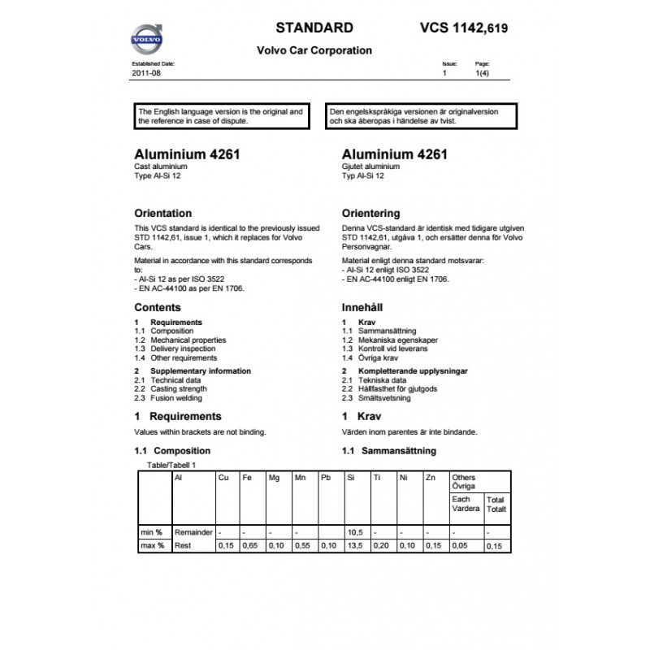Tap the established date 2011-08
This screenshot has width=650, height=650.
[146, 73]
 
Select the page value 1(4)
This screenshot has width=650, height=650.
[482, 73]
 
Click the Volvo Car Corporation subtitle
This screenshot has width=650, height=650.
[314, 50]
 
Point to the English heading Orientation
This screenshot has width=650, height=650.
[162, 214]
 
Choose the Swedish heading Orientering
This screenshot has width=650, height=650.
[371, 214]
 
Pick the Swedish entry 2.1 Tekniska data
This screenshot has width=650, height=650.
[375, 380]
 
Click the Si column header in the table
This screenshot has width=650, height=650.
[351, 478]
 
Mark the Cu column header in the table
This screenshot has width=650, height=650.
[223, 478]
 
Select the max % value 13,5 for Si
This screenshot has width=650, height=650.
[354, 546]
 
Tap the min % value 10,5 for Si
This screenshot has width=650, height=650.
[354, 531]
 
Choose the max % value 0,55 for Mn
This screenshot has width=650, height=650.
[302, 546]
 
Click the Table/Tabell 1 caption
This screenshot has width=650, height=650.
[171, 465]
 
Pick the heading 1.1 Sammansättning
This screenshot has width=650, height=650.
[390, 450]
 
